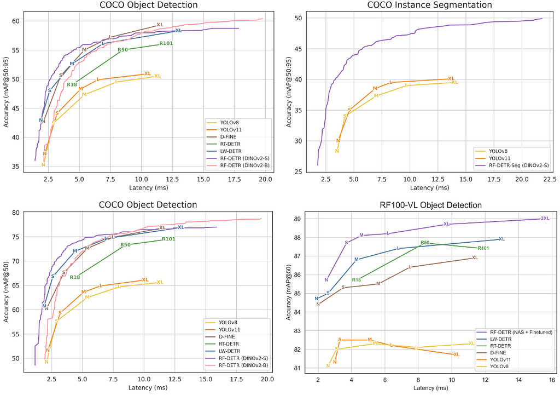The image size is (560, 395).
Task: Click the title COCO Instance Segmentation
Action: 429,5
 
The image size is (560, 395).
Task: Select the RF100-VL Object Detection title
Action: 430,205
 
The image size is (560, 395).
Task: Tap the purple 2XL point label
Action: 545,218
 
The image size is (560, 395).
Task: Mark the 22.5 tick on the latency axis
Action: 550,179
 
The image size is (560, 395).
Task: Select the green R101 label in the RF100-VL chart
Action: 483,248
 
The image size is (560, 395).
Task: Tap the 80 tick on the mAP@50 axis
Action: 16,213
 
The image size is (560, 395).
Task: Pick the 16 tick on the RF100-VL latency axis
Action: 552,380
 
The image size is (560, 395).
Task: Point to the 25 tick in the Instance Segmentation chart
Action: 298,171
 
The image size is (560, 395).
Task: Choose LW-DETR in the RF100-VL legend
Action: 501,339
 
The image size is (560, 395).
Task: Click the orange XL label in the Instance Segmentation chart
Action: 451,78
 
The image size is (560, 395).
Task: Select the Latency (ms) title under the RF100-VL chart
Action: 430,388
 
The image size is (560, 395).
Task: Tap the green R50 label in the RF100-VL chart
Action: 425,243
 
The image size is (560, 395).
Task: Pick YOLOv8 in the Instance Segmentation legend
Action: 498,151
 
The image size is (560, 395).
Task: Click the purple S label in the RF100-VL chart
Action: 346,243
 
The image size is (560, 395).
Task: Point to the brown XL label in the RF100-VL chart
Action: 475,257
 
